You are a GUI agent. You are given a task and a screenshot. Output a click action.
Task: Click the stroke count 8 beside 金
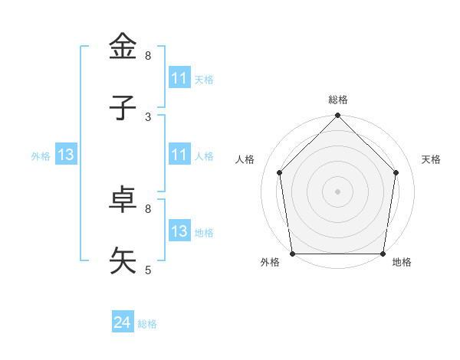pyautogui.click(x=148, y=56)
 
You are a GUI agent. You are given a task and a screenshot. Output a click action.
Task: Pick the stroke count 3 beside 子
pyautogui.click(x=148, y=117)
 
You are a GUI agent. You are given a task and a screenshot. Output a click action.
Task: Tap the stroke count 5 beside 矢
pyautogui.click(x=148, y=270)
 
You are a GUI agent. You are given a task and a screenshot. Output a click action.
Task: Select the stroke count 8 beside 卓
pyautogui.click(x=148, y=208)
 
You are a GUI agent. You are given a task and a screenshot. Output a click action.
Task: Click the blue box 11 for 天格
pyautogui.click(x=179, y=78)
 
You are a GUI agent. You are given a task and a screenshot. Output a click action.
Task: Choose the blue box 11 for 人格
pyautogui.click(x=179, y=155)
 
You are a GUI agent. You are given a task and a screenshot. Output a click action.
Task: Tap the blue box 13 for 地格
pyautogui.click(x=179, y=231)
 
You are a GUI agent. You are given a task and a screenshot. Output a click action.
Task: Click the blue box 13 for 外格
pyautogui.click(x=66, y=155)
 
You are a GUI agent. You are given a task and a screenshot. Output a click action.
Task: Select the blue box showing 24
pyautogui.click(x=123, y=322)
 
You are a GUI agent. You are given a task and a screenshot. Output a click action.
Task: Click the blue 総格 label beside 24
pyautogui.click(x=147, y=324)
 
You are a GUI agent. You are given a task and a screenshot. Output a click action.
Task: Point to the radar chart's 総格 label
pyautogui.click(x=338, y=100)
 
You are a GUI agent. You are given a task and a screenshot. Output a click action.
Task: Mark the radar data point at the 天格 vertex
pyautogui.click(x=396, y=172)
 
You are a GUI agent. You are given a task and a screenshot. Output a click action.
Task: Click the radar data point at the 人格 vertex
pyautogui.click(x=279, y=172)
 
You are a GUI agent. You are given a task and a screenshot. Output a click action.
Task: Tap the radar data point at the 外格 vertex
pyautogui.click(x=293, y=254)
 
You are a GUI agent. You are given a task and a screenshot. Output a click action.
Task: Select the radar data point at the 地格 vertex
pyautogui.click(x=383, y=254)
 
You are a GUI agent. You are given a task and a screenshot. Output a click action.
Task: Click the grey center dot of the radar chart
pyautogui.click(x=338, y=191)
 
